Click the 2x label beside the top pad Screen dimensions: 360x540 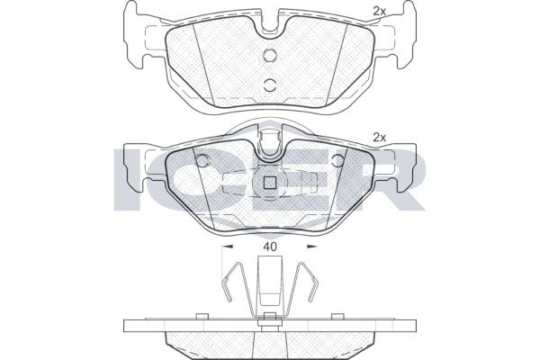click(379, 11)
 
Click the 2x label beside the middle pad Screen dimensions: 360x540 click(379, 138)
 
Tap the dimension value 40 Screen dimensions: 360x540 click(269, 245)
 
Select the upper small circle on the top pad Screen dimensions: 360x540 click(269, 56)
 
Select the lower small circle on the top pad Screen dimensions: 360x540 click(269, 85)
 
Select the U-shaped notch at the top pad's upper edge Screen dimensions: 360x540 click(269, 29)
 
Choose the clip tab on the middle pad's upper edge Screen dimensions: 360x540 click(269, 144)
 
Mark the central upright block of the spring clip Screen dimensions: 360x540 click(269, 283)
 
